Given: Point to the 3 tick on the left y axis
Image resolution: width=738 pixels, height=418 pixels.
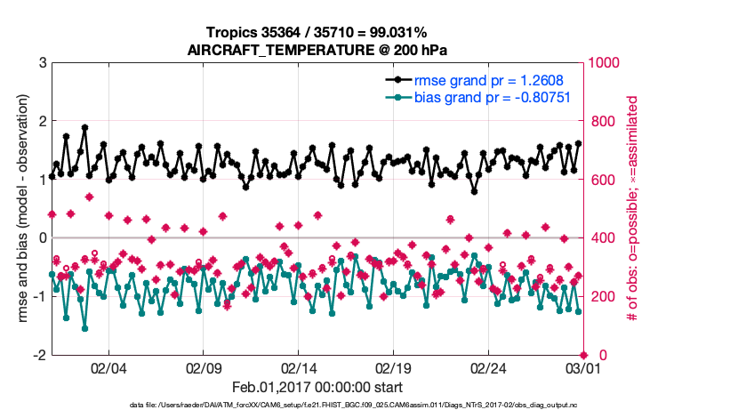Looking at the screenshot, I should (42, 62).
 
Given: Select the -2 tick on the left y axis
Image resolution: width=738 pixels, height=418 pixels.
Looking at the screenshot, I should (39, 355).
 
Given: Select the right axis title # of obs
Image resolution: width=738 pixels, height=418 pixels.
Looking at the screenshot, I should (633, 209).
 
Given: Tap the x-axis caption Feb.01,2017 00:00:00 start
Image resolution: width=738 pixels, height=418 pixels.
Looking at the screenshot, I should (317, 388).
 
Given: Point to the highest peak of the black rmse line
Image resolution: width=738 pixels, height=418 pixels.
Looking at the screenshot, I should (84, 127).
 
